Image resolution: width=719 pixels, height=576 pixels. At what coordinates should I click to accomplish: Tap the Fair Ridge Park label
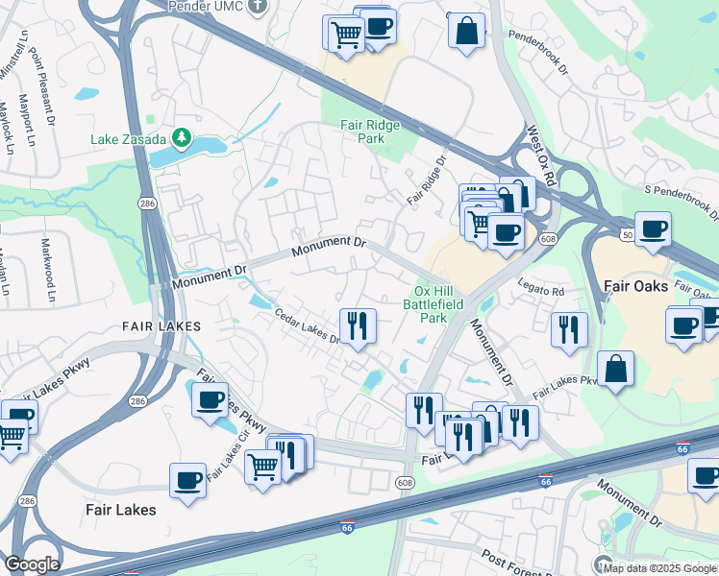click(x=362, y=132)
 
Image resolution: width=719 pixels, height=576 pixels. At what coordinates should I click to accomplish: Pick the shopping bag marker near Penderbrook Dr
click(x=466, y=30)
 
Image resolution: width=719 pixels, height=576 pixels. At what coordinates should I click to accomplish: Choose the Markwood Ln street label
click(x=47, y=271)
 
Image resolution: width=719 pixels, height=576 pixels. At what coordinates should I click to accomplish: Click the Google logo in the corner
click(x=32, y=564)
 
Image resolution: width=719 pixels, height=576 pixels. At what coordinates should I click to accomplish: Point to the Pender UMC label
click(x=208, y=7)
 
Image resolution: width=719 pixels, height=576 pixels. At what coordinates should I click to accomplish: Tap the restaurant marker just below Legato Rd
click(x=568, y=329)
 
